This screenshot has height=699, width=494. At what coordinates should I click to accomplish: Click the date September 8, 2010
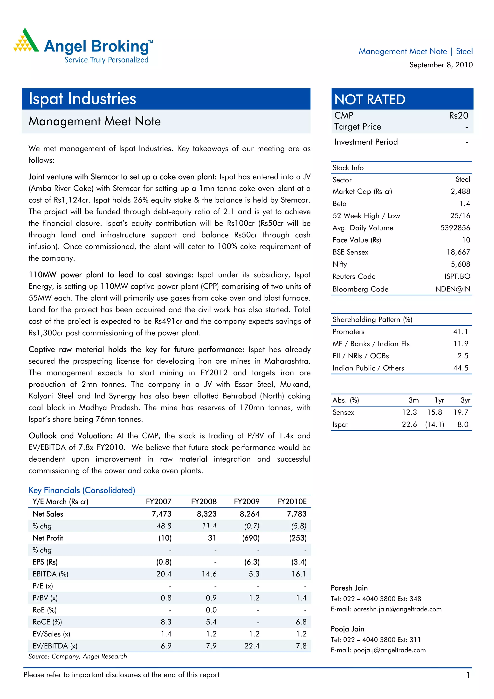(441, 65)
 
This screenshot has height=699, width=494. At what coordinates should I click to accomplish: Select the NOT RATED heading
(370, 100)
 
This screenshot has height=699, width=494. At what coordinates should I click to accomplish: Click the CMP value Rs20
(458, 116)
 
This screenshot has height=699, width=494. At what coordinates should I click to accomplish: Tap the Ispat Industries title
(82, 99)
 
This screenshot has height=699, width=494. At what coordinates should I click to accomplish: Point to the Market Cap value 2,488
(460, 192)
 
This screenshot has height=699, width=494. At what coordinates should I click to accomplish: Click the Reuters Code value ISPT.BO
(457, 277)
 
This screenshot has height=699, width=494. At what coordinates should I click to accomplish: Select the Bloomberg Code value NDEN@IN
(453, 289)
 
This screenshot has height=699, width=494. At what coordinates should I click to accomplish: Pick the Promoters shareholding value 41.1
(460, 332)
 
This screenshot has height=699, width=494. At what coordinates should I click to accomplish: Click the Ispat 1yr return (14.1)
(434, 424)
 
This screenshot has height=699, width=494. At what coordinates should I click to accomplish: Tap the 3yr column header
(465, 400)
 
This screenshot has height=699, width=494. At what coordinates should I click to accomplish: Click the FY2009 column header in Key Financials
(247, 501)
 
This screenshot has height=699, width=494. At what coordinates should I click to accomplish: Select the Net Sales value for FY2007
(162, 514)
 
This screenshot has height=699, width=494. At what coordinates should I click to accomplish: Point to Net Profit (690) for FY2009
(251, 538)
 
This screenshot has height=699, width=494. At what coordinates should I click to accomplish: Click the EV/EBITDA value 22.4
(252, 646)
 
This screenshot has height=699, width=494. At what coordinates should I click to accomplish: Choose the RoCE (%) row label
(47, 622)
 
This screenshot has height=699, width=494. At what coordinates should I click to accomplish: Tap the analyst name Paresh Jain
(349, 588)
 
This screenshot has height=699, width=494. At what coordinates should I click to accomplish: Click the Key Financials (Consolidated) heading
(82, 490)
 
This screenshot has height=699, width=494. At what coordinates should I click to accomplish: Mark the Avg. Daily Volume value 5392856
(455, 228)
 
